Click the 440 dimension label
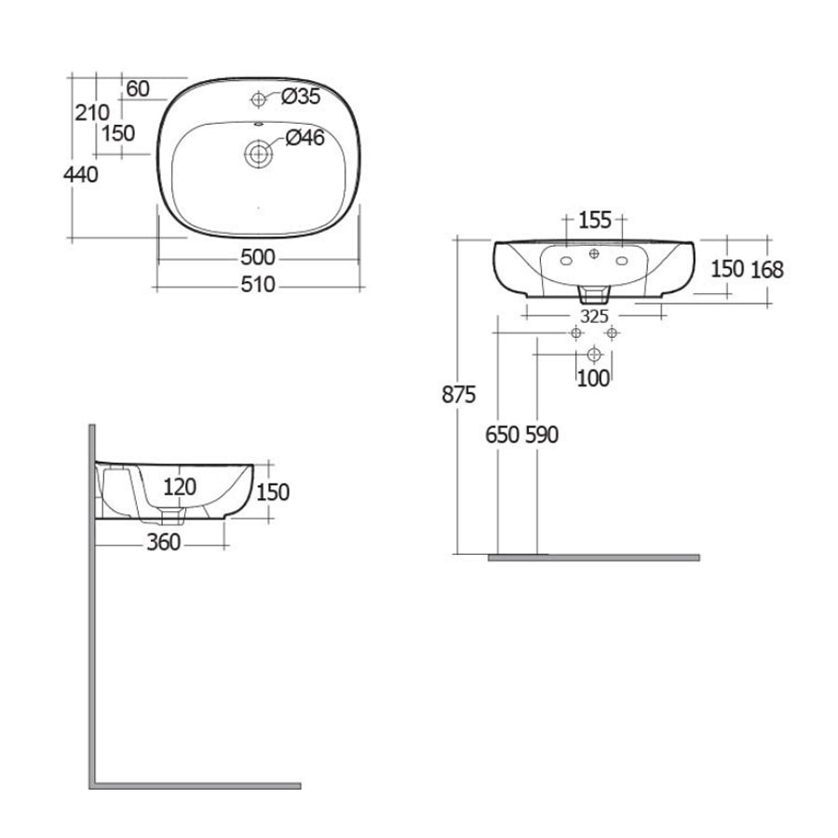pos(82,173)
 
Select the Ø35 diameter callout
pos(300,96)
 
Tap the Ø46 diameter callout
pos(304,139)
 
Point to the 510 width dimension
pos(258,285)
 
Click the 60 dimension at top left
pos(137,88)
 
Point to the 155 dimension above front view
pos(595,221)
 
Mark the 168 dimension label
pos(767,270)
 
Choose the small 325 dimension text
pos(584,314)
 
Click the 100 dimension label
pos(593,378)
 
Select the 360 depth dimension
pos(163,544)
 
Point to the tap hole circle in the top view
pos(258,99)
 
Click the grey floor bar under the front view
pos(594,557)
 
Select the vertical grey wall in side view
pos(92,605)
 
